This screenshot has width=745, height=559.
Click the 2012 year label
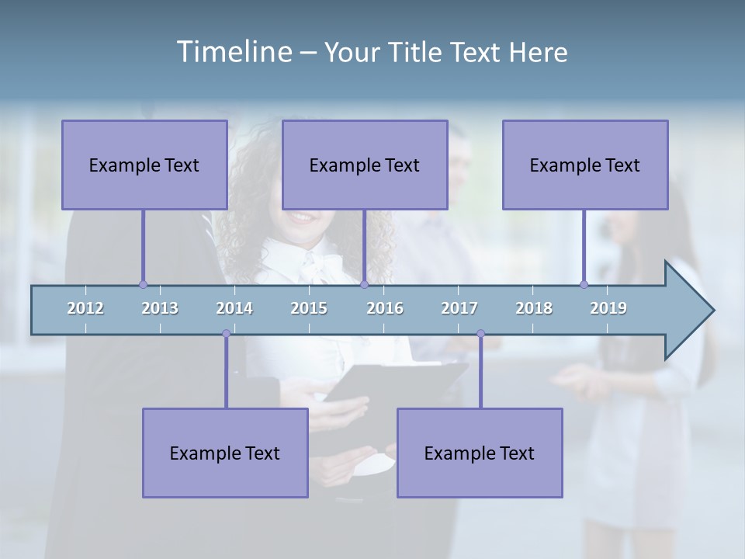pos(85,308)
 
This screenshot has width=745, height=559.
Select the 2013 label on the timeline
pos(160,308)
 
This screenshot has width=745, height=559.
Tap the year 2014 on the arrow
pos(234,308)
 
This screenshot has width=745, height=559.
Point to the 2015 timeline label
pos(309,308)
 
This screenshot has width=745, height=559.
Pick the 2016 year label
pos(385,308)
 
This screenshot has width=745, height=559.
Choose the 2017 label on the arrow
pos(459,308)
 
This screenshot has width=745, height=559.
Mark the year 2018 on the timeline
pos(534,308)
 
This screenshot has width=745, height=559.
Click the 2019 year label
pos(608,308)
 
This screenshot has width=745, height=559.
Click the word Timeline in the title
pos(233,52)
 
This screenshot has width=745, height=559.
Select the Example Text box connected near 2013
pos(144,165)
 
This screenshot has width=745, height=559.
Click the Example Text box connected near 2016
pos(365,165)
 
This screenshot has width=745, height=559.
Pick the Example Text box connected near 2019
pos(585,165)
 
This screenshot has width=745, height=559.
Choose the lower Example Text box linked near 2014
pos(225,453)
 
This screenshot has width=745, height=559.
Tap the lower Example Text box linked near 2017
pos(480,453)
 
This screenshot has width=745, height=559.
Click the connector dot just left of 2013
pos(143,285)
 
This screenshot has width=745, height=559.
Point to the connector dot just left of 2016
pos(364,285)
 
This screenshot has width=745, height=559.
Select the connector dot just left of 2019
pos(584,285)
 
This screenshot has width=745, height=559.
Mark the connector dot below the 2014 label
pos(226,334)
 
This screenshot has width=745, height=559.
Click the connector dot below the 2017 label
pos(480,334)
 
